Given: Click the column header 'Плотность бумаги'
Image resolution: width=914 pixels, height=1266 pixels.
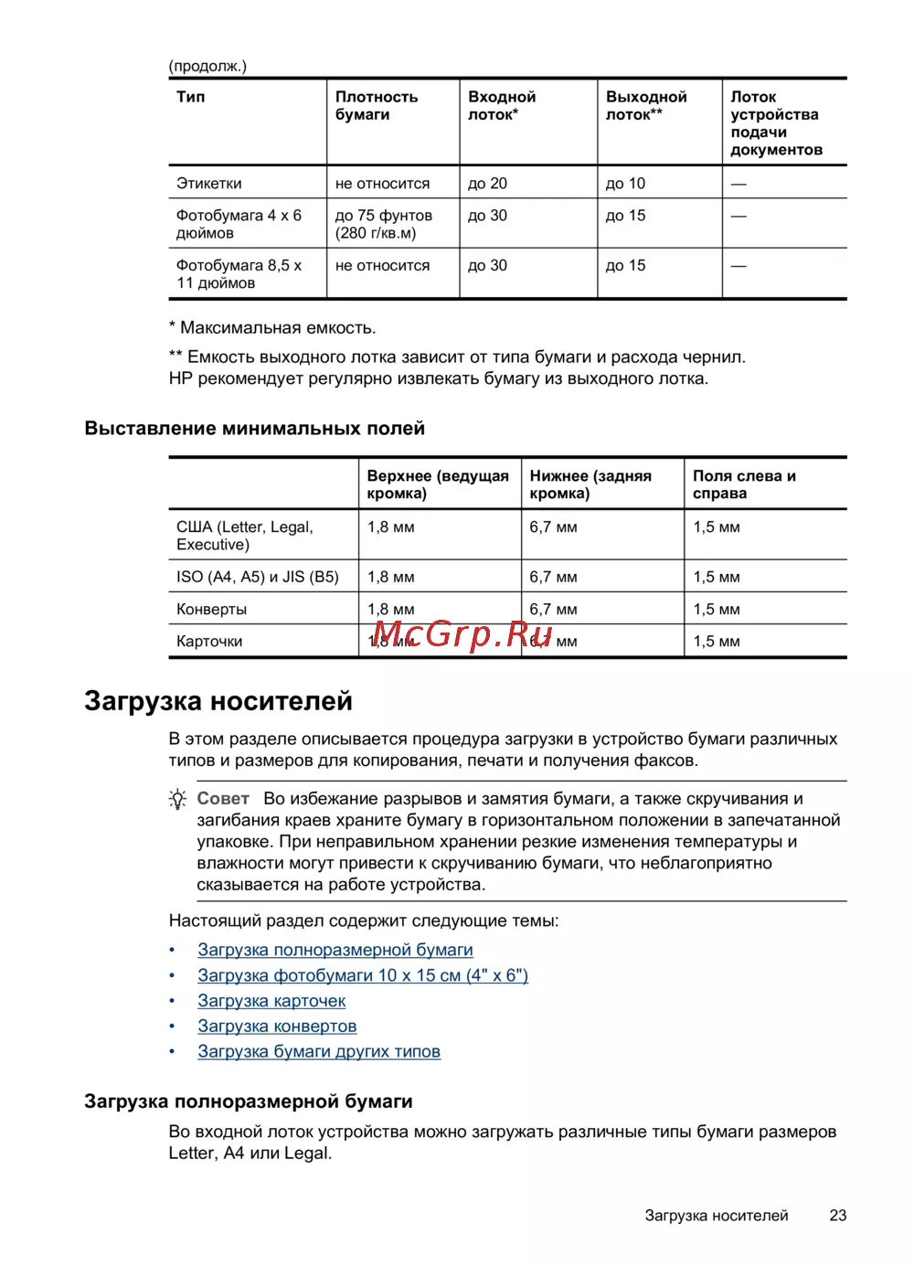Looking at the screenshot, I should pos(376,105).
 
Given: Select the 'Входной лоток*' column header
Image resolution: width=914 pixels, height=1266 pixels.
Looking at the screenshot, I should pos(501,105).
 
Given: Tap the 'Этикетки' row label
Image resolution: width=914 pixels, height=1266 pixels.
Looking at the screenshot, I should pos(209,183).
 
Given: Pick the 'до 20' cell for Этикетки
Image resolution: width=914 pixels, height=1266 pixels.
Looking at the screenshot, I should pos(487,183).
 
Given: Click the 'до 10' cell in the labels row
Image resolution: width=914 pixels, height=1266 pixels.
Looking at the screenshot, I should pos(625,183).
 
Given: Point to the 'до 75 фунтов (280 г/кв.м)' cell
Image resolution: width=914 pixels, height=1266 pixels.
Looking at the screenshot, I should pos(383,224).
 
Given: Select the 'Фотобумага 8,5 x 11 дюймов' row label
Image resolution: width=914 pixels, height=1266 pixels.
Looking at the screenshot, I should pos(239,274).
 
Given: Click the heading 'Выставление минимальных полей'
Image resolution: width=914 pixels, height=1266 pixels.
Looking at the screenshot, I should pos(254,428).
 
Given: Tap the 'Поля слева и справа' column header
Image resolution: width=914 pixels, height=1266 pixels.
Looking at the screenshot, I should pos(743,484).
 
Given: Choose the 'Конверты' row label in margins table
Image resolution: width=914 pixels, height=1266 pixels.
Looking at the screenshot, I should pos(211,609).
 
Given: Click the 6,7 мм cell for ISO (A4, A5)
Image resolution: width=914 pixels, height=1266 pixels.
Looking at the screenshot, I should pos(553,577).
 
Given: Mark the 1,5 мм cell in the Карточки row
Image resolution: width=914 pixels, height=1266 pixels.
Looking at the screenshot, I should pos(716,641).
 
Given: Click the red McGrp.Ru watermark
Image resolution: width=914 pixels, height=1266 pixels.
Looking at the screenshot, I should pos(462,633).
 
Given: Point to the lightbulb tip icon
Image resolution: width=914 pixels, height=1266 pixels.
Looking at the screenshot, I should pos(178,799).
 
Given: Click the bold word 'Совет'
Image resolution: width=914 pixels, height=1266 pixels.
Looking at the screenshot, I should pos(223,798).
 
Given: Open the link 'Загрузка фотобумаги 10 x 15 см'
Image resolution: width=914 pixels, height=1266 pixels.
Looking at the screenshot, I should pos(362,975).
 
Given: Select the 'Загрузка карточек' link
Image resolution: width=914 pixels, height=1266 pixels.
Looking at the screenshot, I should pos(271,1001).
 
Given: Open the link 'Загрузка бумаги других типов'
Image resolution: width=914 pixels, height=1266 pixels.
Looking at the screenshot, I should pos(318,1051).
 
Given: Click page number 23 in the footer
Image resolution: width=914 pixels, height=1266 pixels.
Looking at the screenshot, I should pos(837,1215).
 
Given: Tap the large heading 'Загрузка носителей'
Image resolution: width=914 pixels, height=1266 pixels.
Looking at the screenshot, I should pos(218,700).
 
